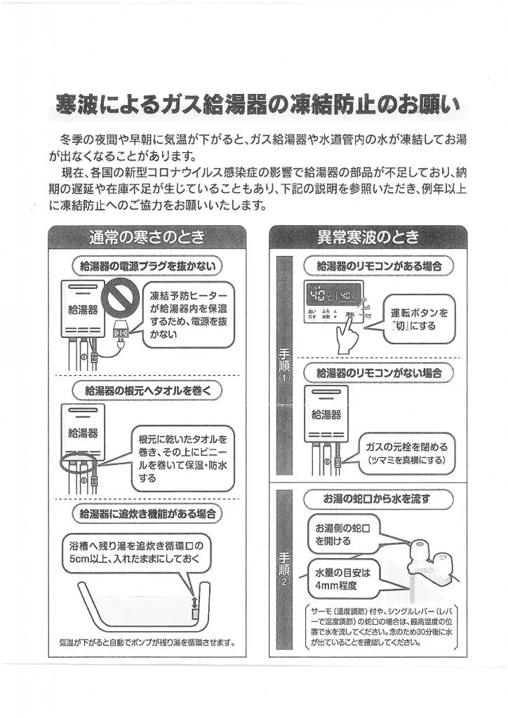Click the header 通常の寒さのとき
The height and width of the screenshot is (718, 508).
click(x=147, y=237)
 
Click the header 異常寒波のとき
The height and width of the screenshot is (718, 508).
click(x=368, y=237)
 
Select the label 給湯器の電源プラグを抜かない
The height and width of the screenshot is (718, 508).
click(x=147, y=266)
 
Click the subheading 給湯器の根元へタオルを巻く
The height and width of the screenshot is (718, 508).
click(x=147, y=390)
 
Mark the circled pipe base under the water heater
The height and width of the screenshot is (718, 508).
click(x=76, y=463)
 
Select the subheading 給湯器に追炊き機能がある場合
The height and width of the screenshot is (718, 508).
click(x=147, y=515)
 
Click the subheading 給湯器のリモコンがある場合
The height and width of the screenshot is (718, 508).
click(x=379, y=266)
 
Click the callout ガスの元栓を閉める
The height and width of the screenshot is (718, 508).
click(x=406, y=453)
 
